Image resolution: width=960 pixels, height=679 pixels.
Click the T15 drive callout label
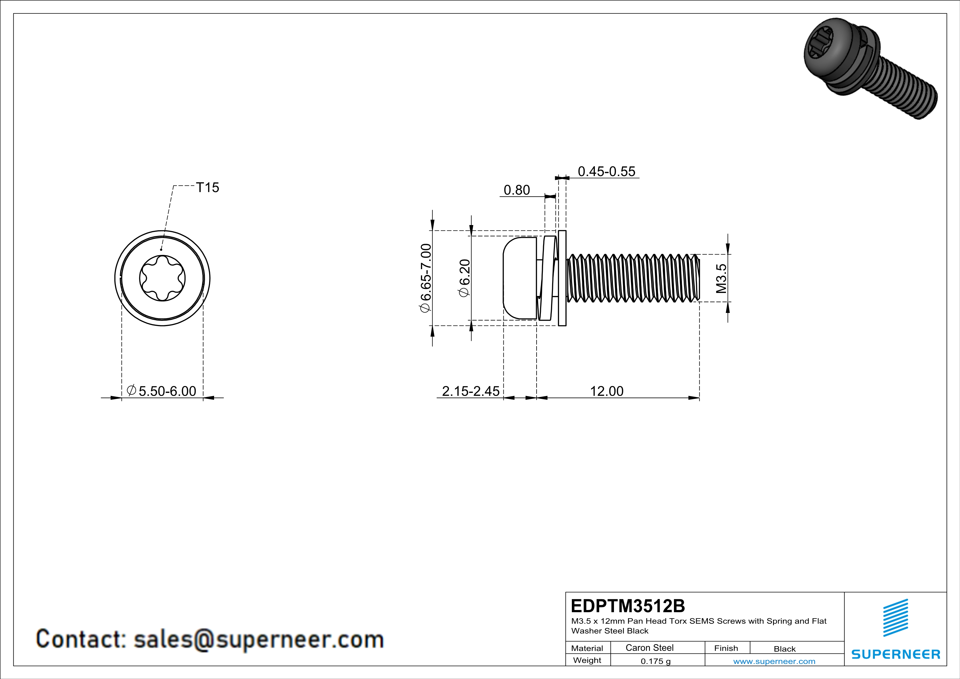(x=207, y=188)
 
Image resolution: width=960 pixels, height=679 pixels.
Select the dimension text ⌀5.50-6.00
(x=162, y=391)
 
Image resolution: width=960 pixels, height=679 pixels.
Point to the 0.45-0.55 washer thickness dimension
(x=606, y=171)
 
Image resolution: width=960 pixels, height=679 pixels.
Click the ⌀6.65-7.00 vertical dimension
(x=425, y=278)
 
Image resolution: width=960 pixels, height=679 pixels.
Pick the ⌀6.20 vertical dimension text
(x=465, y=278)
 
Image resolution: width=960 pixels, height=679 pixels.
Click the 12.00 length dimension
(x=606, y=391)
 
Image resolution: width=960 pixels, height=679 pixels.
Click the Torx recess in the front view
(x=162, y=278)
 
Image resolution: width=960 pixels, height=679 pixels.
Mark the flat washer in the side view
(x=562, y=278)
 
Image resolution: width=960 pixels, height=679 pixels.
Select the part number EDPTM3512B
(x=628, y=606)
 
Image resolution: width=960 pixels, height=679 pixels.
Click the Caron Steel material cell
(x=649, y=648)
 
